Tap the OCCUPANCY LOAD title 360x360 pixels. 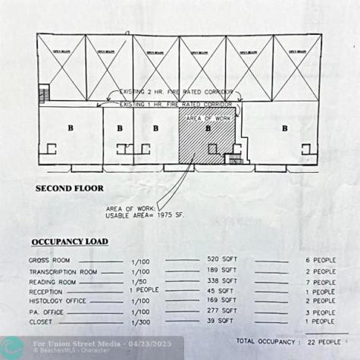(x=69, y=242)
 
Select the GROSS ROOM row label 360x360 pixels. (x=50, y=260)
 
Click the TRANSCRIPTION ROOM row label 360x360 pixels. (x=63, y=271)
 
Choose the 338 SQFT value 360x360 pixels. (x=221, y=280)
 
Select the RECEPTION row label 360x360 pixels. (x=46, y=292)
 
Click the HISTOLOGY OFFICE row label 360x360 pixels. (x=58, y=301)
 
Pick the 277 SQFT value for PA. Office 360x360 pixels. (x=221, y=311)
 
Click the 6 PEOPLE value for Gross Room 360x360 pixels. (x=320, y=260)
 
